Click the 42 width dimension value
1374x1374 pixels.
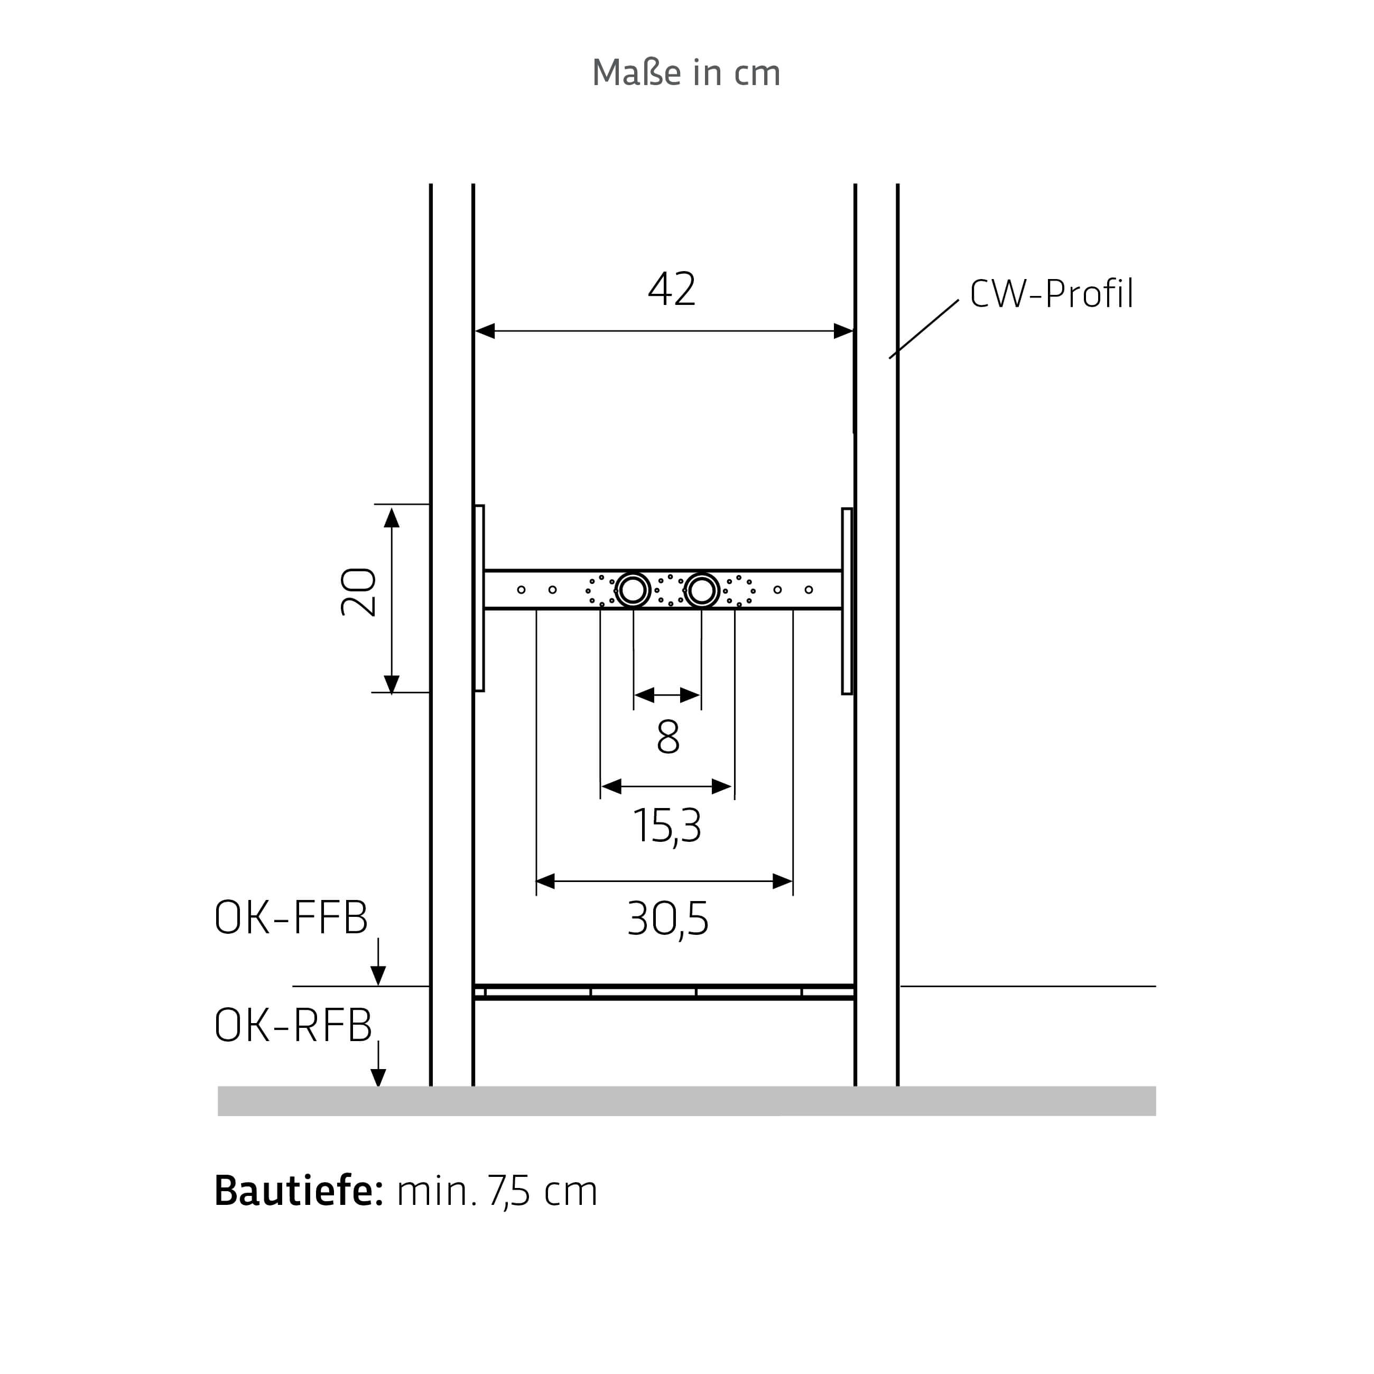point(672,290)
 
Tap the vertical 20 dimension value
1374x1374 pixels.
point(358,592)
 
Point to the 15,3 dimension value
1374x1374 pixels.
point(667,827)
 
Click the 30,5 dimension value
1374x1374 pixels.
point(668,920)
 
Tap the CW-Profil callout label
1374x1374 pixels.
point(1051,294)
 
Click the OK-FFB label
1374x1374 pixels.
point(291,917)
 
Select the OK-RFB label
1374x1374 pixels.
point(293,1026)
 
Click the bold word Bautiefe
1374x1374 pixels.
point(299,1191)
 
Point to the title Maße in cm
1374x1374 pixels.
point(686,72)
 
